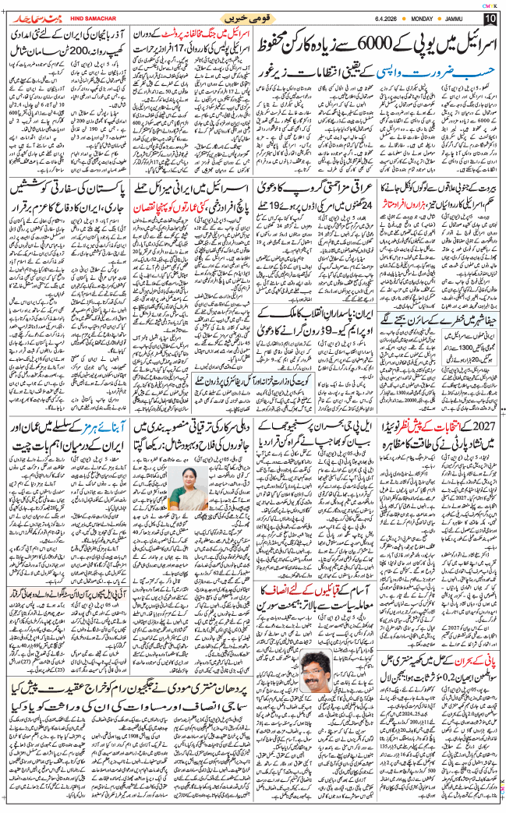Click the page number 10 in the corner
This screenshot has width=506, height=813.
pos(490,17)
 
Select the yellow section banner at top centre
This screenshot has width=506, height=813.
pos(253,16)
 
